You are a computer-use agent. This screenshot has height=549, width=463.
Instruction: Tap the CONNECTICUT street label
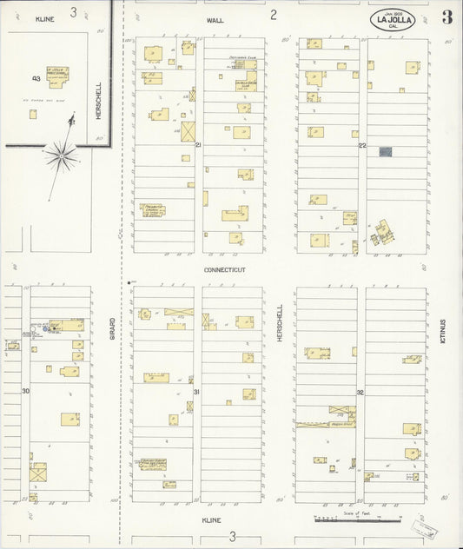click(x=225, y=270)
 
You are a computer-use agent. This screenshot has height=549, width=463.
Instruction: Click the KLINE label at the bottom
click(x=211, y=520)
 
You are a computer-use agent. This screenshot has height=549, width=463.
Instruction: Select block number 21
click(x=198, y=144)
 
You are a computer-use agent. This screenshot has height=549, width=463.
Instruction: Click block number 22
click(x=362, y=146)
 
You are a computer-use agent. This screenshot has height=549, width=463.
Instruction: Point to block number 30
click(x=26, y=391)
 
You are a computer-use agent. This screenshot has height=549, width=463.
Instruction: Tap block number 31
click(x=196, y=392)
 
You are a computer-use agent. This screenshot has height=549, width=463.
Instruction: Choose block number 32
click(x=360, y=393)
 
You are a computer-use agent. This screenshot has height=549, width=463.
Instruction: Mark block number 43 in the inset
click(x=36, y=78)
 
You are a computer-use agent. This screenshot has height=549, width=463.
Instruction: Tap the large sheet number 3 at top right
click(x=446, y=18)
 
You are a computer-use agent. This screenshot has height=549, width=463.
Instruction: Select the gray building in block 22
click(x=386, y=152)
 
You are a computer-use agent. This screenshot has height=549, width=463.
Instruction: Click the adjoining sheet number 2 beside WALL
click(x=274, y=14)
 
